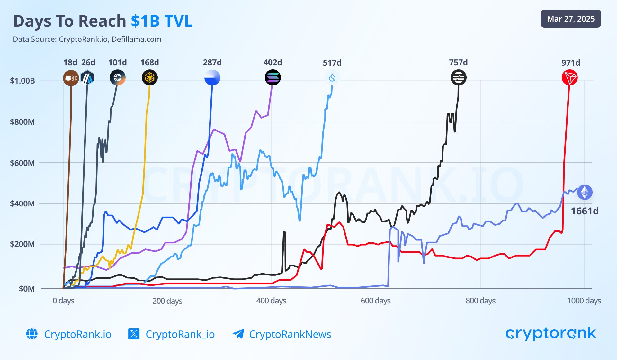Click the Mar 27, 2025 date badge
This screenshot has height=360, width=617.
click(x=571, y=19)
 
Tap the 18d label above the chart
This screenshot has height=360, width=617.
click(x=70, y=62)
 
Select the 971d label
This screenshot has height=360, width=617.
click(x=571, y=63)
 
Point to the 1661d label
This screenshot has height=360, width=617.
click(x=585, y=211)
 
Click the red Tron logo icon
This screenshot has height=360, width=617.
click(x=569, y=77)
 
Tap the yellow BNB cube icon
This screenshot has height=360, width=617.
click(x=150, y=77)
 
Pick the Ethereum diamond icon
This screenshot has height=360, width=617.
click(x=585, y=193)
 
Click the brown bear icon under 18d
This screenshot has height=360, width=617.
click(x=71, y=78)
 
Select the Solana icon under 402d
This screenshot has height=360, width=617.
click(x=273, y=77)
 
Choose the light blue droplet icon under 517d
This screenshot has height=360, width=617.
click(x=332, y=77)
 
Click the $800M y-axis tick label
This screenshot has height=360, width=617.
click(x=22, y=122)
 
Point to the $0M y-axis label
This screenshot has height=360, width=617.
click(x=27, y=289)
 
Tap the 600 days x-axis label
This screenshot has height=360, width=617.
click(x=376, y=301)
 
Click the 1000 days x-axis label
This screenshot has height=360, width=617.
click(x=584, y=301)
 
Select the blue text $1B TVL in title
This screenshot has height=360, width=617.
click(x=162, y=21)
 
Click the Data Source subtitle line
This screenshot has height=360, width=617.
click(x=87, y=40)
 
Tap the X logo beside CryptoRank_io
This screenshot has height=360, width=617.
click(x=134, y=334)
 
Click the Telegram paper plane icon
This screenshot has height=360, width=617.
click(x=238, y=334)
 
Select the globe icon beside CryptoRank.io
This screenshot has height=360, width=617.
click(x=32, y=334)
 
